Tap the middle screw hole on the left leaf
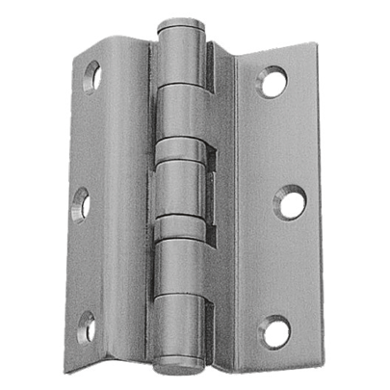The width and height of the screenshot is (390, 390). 83,204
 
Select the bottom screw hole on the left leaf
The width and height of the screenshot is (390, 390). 87,326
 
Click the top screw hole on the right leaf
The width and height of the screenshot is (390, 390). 273,81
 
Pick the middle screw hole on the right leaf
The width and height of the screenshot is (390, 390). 288,201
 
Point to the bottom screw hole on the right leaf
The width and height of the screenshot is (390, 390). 275,331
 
